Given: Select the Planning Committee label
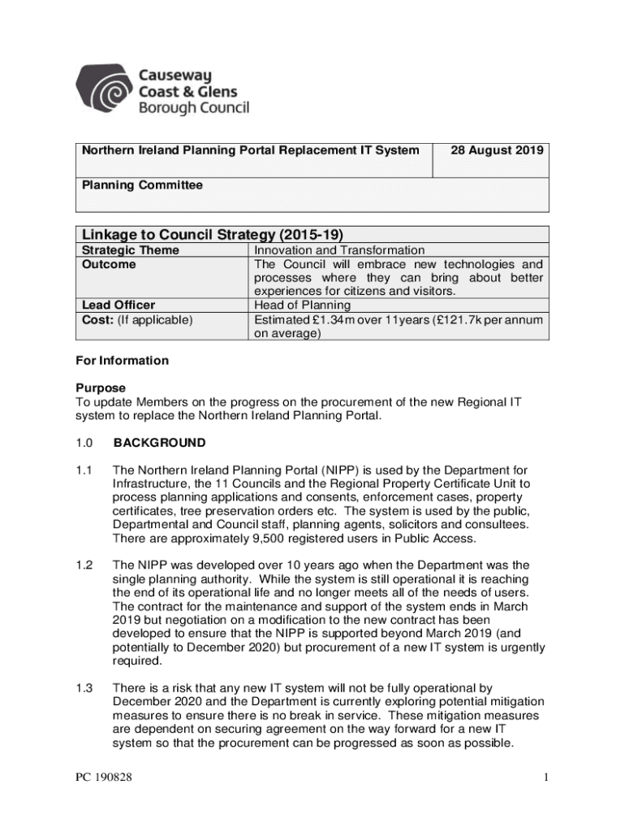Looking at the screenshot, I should coord(142,185).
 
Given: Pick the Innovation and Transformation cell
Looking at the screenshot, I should coord(339,251).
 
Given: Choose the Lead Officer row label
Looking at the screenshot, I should coord(119,305).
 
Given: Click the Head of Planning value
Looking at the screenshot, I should coord(302,305).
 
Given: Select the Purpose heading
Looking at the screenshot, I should coord(101,388).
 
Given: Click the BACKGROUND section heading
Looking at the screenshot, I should coord(159,444).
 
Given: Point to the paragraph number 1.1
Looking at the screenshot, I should coord(84,470).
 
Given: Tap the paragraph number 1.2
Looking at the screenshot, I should coord(84,565).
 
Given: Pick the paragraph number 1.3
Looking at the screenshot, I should coord(84,688).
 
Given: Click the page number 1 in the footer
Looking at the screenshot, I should coord(547,778).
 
